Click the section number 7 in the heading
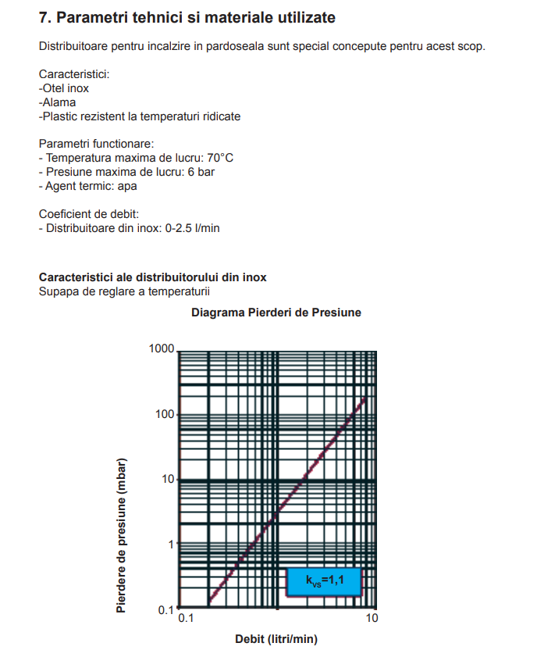[44, 17]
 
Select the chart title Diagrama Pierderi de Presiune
[276, 312]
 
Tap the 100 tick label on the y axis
[164, 414]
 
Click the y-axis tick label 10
[167, 479]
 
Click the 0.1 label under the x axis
[187, 618]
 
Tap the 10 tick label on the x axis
[372, 618]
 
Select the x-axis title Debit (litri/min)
[276, 639]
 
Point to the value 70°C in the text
[219, 158]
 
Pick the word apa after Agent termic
[129, 186]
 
